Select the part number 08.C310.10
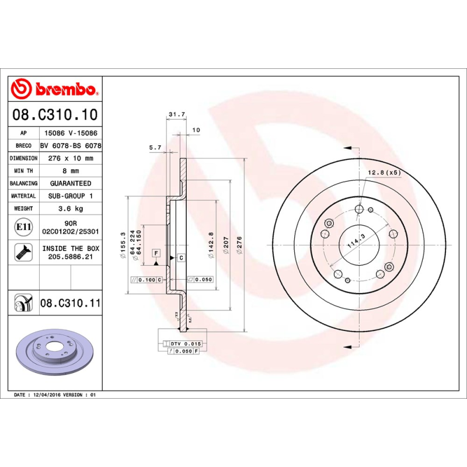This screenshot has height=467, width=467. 55,114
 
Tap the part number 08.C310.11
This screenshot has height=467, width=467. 71,304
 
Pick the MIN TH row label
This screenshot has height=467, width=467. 23,171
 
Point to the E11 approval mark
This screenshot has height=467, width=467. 24,226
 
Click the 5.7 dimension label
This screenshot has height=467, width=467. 155,148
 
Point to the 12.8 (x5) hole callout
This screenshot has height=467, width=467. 384,172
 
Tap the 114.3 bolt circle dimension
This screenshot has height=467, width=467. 356,241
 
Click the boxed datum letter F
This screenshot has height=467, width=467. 156,252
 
